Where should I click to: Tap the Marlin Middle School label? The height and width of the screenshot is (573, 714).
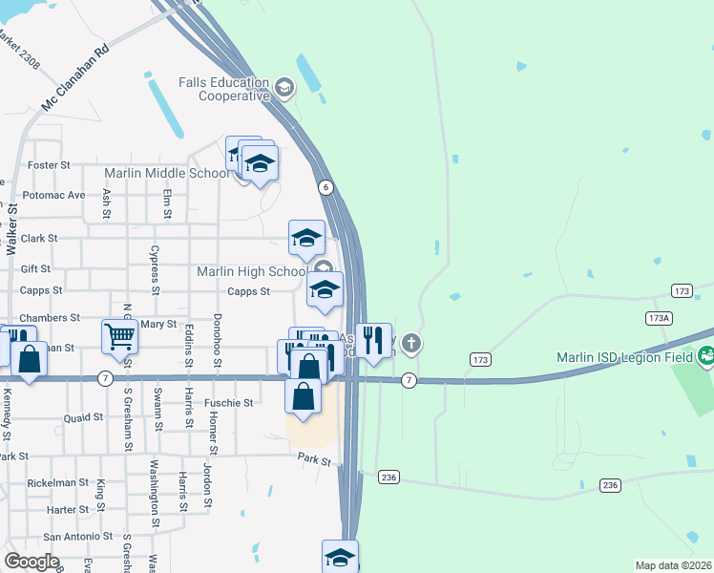(166, 173)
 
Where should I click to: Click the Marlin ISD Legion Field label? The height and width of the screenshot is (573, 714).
(626, 358)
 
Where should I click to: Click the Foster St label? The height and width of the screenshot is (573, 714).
(50, 165)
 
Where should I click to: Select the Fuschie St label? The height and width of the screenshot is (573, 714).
(230, 403)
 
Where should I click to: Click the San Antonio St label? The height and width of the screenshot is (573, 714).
(77, 537)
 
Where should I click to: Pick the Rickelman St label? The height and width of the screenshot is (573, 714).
(57, 483)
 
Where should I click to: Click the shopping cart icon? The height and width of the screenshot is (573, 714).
(119, 336)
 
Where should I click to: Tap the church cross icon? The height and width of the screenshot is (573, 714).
(410, 342)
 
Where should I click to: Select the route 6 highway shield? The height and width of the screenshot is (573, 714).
(325, 187)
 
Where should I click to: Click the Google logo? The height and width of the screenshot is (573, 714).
(32, 561)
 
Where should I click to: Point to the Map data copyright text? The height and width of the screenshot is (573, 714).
(672, 565)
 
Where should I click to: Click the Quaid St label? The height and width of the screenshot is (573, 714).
(83, 417)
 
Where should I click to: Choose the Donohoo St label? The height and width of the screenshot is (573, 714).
(218, 339)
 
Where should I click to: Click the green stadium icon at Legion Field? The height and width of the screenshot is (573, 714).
(705, 357)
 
